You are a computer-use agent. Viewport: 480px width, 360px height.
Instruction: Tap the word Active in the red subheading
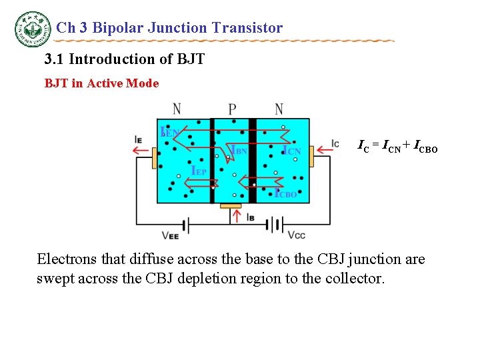pyautogui.click(x=107, y=83)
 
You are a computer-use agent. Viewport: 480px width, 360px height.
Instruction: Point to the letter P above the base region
pyautogui.click(x=232, y=109)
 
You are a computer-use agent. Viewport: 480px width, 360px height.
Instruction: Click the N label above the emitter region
pyautogui.click(x=177, y=109)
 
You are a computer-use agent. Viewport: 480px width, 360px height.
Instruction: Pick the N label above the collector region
pyautogui.click(x=279, y=109)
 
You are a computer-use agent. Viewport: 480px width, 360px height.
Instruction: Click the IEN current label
pyautogui.click(x=169, y=131)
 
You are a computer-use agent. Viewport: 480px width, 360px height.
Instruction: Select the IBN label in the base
pyautogui.click(x=238, y=151)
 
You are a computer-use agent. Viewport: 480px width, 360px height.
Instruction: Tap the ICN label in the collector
pyautogui.click(x=292, y=151)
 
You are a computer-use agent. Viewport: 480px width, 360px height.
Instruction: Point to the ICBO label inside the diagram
pyautogui.click(x=286, y=193)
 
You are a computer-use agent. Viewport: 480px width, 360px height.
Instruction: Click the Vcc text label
pyautogui.click(x=297, y=235)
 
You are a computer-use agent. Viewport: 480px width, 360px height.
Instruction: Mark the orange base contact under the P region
pyautogui.click(x=231, y=206)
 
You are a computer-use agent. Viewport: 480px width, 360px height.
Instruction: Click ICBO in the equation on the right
pyautogui.click(x=425, y=146)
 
